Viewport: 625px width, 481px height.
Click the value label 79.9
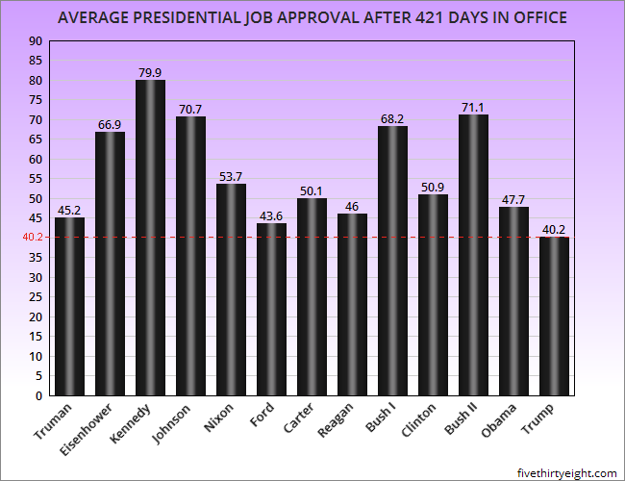pyautogui.click(x=150, y=71)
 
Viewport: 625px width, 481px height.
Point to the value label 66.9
pyautogui.click(x=110, y=123)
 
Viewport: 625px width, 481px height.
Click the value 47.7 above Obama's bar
pyautogui.click(x=513, y=198)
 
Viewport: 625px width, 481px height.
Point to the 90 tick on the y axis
pyautogui.click(x=36, y=40)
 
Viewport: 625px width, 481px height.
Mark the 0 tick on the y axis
pyautogui.click(x=38, y=395)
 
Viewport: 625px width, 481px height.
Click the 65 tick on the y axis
pyautogui.click(x=36, y=139)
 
